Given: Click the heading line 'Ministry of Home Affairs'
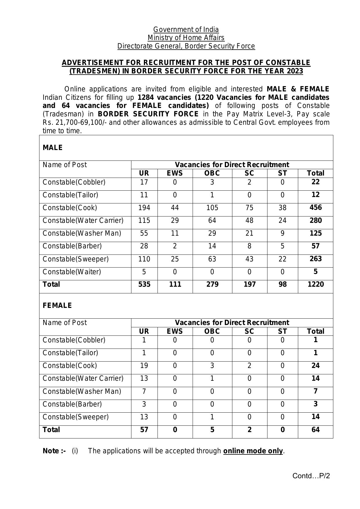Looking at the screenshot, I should click(x=186, y=38).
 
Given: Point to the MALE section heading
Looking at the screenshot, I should click(x=53, y=148).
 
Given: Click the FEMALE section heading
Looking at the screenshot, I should click(x=57, y=306).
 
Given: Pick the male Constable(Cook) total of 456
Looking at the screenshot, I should click(x=315, y=207).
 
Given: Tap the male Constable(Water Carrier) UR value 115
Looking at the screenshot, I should click(x=144, y=221).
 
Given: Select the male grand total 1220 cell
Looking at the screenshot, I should click(x=315, y=284).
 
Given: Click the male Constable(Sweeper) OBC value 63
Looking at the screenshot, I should click(x=212, y=259).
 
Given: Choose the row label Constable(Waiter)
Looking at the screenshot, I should click(x=72, y=272).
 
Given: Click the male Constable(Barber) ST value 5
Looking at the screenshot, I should click(x=282, y=246).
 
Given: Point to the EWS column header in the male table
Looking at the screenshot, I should click(x=175, y=173).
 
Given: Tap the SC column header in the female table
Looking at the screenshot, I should click(x=249, y=331).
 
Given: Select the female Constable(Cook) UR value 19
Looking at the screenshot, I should click(x=144, y=366).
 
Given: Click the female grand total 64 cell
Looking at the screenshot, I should click(x=315, y=430).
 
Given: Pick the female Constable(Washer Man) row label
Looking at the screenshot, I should click(x=82, y=391).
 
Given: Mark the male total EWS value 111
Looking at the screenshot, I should click(x=175, y=284).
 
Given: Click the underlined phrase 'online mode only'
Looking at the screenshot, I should click(x=253, y=451).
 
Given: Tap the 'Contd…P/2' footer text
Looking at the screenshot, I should click(x=311, y=476).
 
